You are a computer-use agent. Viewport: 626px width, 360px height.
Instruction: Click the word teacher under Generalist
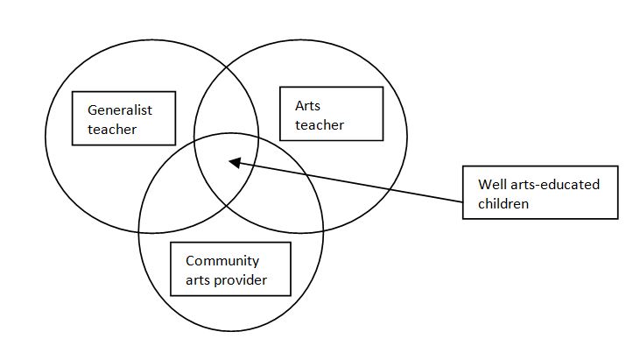pyautogui.click(x=112, y=130)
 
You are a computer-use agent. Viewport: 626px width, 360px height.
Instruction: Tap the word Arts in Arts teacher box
pyautogui.click(x=308, y=105)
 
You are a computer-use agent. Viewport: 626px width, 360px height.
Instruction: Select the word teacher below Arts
pyautogui.click(x=320, y=125)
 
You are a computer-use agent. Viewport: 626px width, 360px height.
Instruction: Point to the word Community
pyautogui.click(x=222, y=261)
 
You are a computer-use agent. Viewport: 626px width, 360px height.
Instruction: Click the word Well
pyautogui.click(x=491, y=185)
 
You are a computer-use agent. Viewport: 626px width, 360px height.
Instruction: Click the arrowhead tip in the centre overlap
pyautogui.click(x=229, y=161)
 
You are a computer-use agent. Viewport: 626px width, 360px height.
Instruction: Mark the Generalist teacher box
pyautogui.click(x=123, y=118)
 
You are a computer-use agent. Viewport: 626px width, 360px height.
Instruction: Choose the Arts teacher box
pyautogui.click(x=331, y=113)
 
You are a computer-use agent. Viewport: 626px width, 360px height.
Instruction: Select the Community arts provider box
pyautogui.click(x=229, y=269)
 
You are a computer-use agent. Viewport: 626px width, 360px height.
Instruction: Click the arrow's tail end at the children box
pyautogui.click(x=461, y=203)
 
